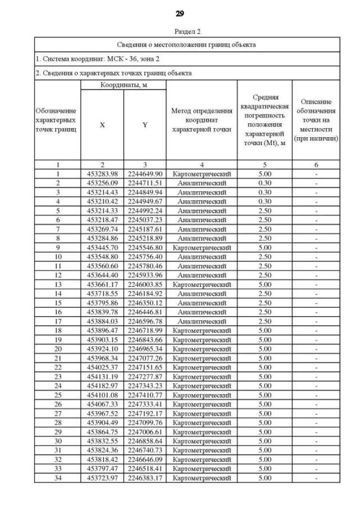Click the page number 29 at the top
click(x=180, y=13)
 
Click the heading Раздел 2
click(x=187, y=31)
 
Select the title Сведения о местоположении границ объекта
click(x=187, y=44)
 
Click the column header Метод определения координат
click(x=201, y=120)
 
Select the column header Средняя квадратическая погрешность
click(x=264, y=120)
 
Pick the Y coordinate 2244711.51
click(x=145, y=183)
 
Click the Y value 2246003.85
click(x=145, y=284)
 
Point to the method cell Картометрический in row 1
click(x=201, y=174)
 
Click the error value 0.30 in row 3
click(x=264, y=192)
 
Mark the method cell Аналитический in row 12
click(x=201, y=275)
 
